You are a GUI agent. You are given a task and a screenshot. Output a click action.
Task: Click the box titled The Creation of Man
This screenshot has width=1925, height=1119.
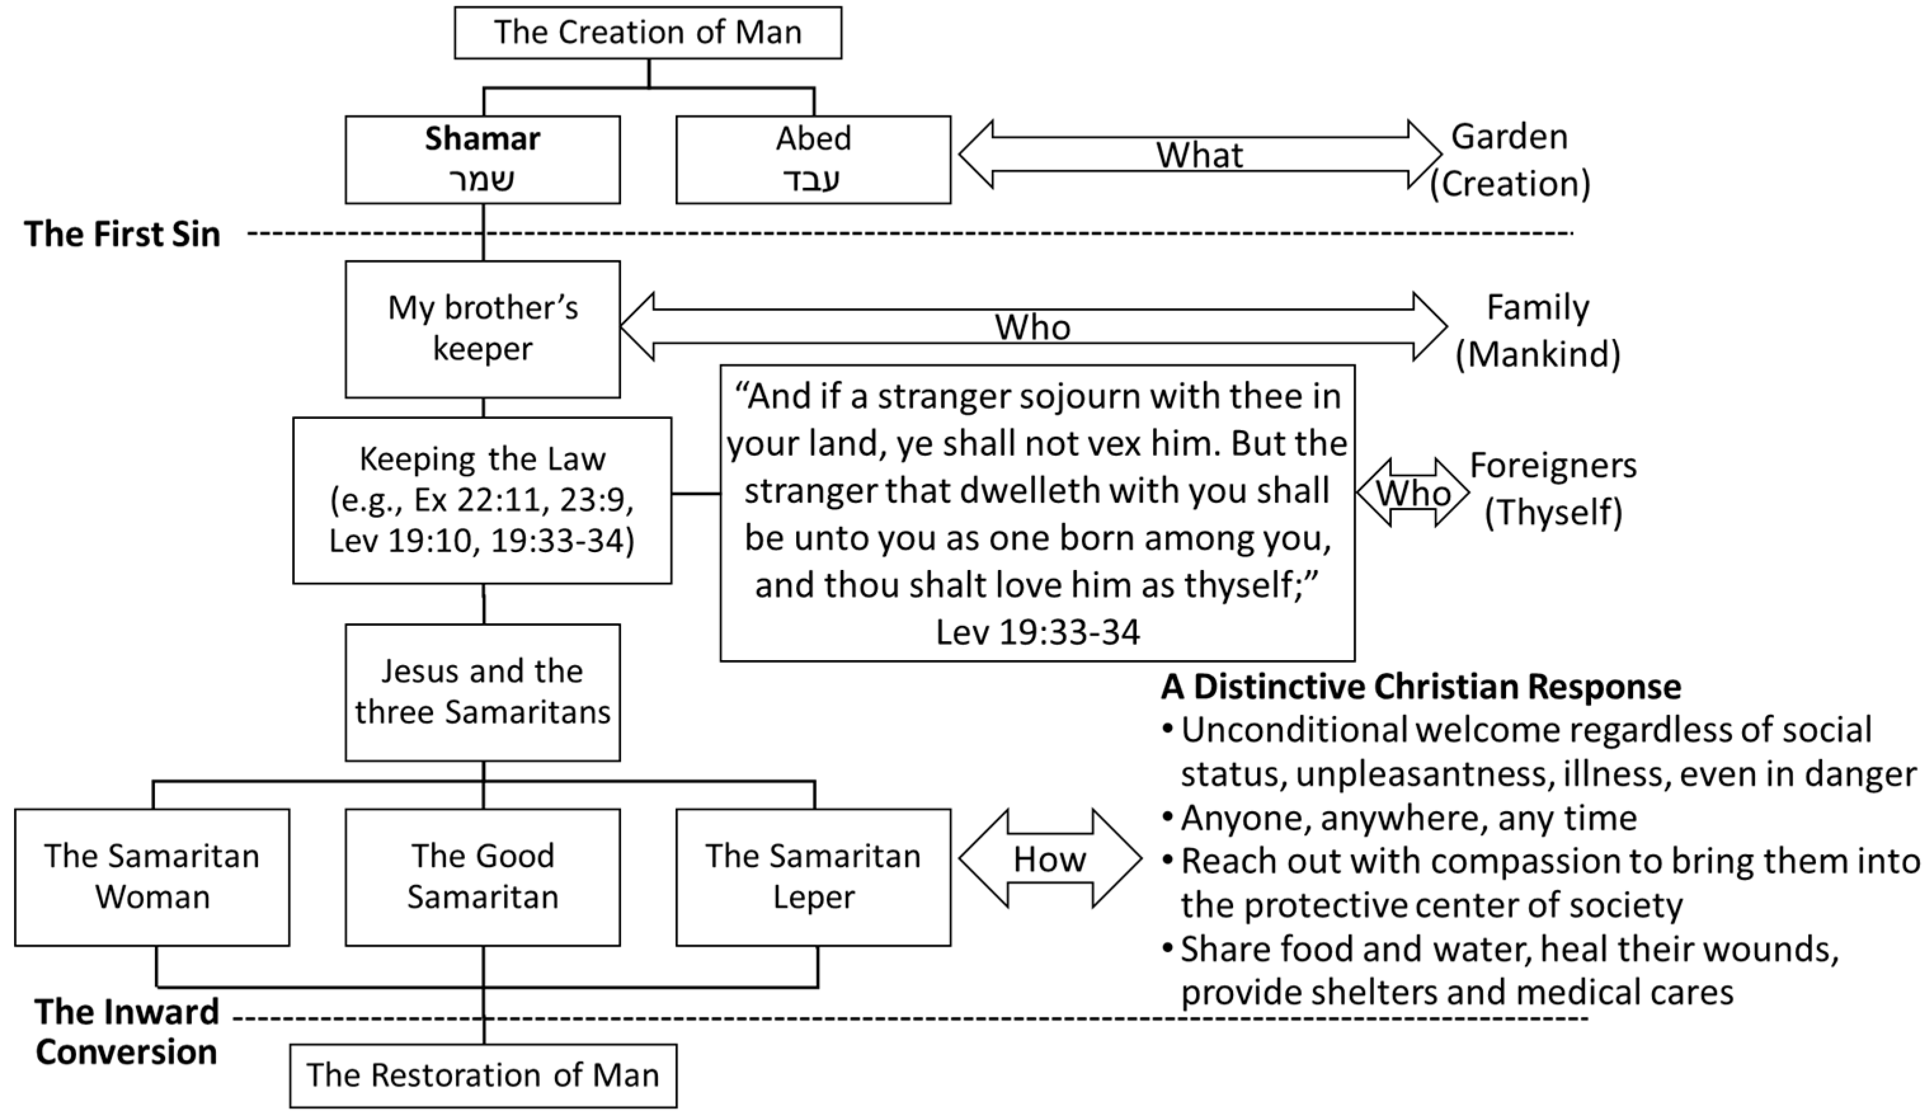tap(648, 33)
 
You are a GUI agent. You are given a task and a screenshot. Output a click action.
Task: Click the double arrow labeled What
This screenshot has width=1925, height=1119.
tap(1199, 155)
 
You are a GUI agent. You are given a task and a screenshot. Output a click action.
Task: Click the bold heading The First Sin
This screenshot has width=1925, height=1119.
tap(123, 234)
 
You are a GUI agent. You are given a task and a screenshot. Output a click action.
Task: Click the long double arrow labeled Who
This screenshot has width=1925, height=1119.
tap(1033, 327)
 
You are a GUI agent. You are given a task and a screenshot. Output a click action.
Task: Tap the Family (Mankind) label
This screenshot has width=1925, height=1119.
tap(1537, 330)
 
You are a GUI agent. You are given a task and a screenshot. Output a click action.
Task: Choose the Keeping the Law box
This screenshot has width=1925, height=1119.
tap(482, 500)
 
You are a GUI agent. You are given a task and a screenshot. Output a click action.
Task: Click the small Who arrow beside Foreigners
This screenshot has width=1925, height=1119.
tap(1413, 493)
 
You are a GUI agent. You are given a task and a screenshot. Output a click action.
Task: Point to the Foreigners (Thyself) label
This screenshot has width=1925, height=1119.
tap(1553, 488)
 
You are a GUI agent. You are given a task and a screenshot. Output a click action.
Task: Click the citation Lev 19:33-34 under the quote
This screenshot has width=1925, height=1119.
tap(1037, 632)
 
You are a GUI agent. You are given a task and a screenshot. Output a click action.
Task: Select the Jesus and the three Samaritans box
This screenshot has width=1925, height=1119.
tap(482, 692)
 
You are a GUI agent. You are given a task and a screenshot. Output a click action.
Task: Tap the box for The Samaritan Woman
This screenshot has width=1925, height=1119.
tap(152, 877)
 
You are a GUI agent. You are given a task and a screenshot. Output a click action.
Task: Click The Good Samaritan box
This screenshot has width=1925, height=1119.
tap(482, 877)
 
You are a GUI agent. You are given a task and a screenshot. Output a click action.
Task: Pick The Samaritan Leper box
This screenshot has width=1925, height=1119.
tap(813, 877)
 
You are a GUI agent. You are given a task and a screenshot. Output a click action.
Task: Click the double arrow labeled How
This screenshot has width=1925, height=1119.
tap(1049, 859)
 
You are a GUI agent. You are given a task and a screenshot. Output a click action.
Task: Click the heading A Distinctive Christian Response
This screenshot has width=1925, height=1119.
tap(1421, 687)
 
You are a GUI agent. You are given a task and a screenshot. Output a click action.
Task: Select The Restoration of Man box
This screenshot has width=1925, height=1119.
tap(483, 1075)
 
